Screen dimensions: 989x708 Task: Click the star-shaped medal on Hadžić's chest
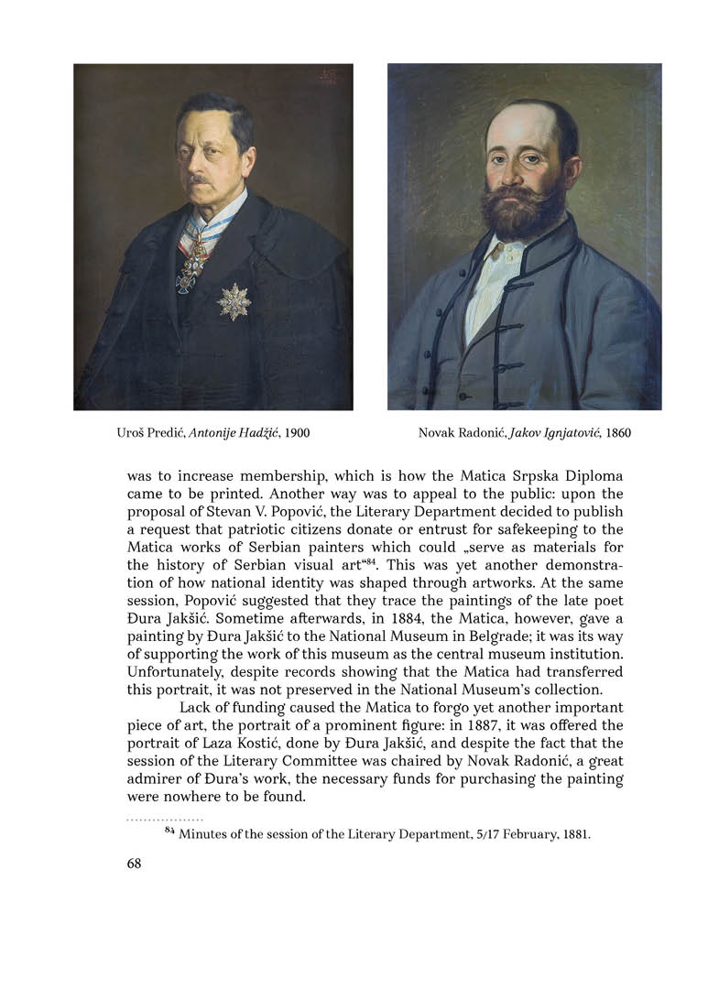(234, 301)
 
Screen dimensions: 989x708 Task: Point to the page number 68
(135, 864)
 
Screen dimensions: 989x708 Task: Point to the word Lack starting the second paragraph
(196, 708)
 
